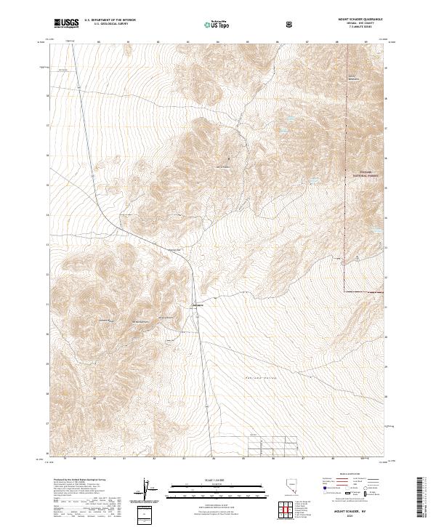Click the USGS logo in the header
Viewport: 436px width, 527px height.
66,23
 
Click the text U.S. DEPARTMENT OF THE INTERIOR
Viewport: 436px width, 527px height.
110,20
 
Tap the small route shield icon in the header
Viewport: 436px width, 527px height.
290,24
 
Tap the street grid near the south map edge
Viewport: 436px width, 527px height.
272,445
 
